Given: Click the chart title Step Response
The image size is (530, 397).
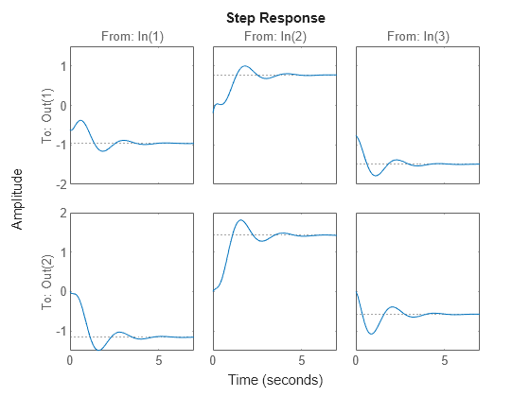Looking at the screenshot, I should [x=274, y=18].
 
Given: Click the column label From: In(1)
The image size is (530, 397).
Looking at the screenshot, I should [x=132, y=37].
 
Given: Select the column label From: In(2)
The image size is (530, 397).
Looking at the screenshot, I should [x=274, y=37].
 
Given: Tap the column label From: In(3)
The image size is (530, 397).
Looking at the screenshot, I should [x=417, y=37].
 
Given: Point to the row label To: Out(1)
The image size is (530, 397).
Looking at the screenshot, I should [x=47, y=114].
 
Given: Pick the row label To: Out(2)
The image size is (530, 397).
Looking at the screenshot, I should [x=47, y=282].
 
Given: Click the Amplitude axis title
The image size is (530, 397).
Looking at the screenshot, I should [x=17, y=198].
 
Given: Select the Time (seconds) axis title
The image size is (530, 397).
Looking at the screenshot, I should [x=274, y=380].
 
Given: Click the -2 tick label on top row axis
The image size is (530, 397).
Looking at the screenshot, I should [x=59, y=183].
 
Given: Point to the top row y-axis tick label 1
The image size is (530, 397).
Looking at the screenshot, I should [x=62, y=65].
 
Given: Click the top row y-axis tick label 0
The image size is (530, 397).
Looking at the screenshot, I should [x=62, y=105].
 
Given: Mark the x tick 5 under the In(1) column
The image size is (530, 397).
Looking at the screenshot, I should [x=158, y=360].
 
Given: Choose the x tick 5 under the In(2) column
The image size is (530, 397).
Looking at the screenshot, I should [x=301, y=360].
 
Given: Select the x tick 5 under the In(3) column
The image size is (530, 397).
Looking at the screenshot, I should [x=444, y=360].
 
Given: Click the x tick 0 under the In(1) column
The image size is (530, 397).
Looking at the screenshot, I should [x=70, y=360].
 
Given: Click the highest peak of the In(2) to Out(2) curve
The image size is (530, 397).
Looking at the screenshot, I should [x=241, y=220].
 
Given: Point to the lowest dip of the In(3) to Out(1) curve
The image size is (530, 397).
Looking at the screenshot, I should [x=376, y=176].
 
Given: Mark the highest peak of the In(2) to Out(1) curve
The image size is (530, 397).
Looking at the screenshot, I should [x=245, y=66].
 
